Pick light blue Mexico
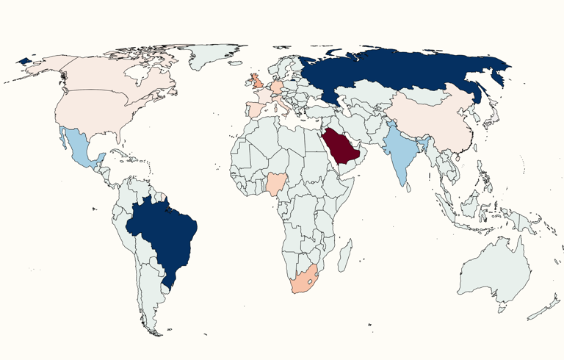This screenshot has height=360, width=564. [x=80, y=147]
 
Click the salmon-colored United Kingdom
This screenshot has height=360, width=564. [x=258, y=81]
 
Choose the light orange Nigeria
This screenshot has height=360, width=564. [x=278, y=184]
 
